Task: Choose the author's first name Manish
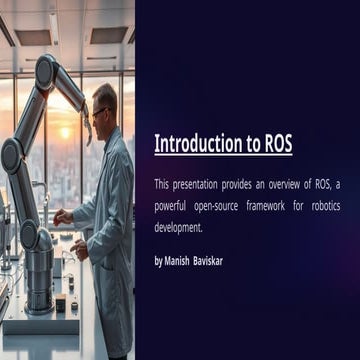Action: pos(185,260)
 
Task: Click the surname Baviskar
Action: pos(228,260)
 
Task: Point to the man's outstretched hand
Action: pos(65,215)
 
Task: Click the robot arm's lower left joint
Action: pos(13,155)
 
